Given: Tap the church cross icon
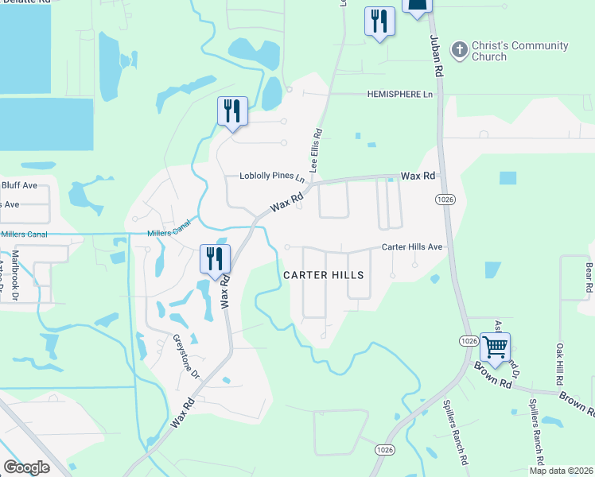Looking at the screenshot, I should [459, 50].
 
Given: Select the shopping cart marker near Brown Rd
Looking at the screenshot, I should [495, 347].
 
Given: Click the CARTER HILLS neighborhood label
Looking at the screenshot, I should [324, 275].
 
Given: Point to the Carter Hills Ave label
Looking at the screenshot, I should [412, 247].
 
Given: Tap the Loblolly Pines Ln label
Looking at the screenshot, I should [272, 176].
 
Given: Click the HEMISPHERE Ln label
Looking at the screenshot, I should [400, 95].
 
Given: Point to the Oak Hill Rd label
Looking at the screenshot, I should [560, 362].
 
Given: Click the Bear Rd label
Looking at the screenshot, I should [589, 276].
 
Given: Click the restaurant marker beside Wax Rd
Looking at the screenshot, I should [215, 259].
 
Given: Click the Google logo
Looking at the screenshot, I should [25, 467].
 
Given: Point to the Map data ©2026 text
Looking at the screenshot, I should [561, 471].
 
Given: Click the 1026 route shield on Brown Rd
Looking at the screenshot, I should [468, 340].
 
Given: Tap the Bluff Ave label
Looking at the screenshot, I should [19, 185].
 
